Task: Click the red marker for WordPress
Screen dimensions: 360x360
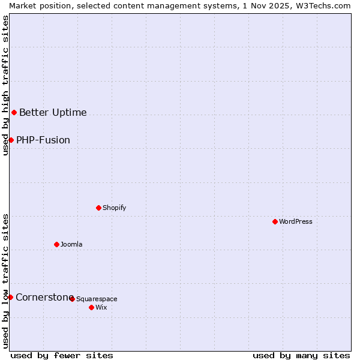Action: tap(275, 221)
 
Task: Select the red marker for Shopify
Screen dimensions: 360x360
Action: tap(98, 208)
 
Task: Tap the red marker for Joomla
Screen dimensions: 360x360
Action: tap(56, 244)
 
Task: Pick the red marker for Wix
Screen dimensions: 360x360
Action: tap(91, 307)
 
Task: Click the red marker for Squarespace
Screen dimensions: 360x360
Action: tap(72, 299)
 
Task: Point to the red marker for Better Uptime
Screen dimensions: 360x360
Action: tap(14, 112)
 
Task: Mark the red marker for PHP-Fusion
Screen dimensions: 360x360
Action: tap(11, 140)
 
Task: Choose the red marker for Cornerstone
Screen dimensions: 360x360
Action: tap(10, 297)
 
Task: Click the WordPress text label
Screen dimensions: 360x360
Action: tap(296, 221)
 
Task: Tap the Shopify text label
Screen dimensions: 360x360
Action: tap(114, 208)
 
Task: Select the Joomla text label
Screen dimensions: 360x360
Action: tap(71, 244)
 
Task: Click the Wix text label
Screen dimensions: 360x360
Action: tap(101, 307)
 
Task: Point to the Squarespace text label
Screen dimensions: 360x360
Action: tap(97, 299)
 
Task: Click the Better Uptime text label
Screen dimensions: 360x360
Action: tap(53, 112)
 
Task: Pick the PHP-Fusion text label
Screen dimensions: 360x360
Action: tap(43, 140)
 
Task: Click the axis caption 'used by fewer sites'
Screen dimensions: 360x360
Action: tap(62, 355)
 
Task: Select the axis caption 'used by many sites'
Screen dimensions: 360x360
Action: tap(301, 355)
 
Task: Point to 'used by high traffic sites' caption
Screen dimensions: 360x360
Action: tap(5, 85)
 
